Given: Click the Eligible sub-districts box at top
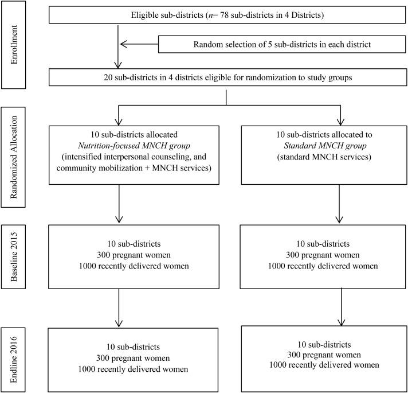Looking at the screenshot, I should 227,15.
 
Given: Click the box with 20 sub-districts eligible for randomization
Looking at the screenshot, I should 227,77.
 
